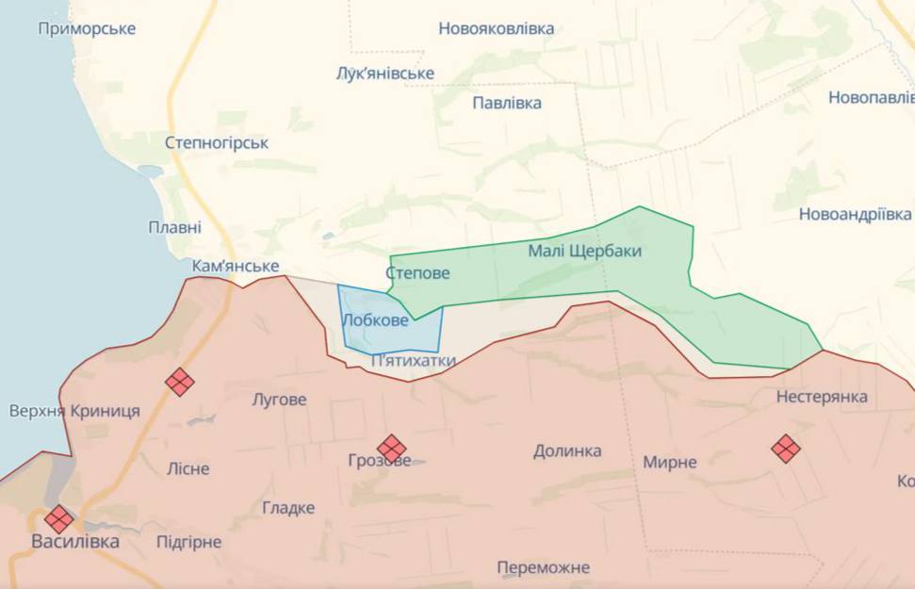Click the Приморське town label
[x=87, y=28]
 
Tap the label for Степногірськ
[x=216, y=143]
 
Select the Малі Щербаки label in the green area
[x=584, y=251]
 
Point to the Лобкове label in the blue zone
[x=375, y=320]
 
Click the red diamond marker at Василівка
[x=58, y=519]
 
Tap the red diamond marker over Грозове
[x=391, y=449]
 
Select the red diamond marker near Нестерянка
[x=785, y=449]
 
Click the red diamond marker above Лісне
[x=179, y=382]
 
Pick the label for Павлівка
[x=507, y=103]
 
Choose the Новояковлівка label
[x=496, y=28]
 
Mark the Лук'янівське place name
[x=384, y=74]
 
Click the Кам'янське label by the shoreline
[x=235, y=267]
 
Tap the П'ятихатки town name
[x=414, y=360]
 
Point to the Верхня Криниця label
[x=74, y=411]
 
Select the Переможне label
[x=543, y=567]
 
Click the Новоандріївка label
[x=855, y=214]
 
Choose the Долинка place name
[x=567, y=450]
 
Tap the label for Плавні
[x=174, y=227]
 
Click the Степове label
[x=417, y=273]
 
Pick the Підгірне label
[x=188, y=542]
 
